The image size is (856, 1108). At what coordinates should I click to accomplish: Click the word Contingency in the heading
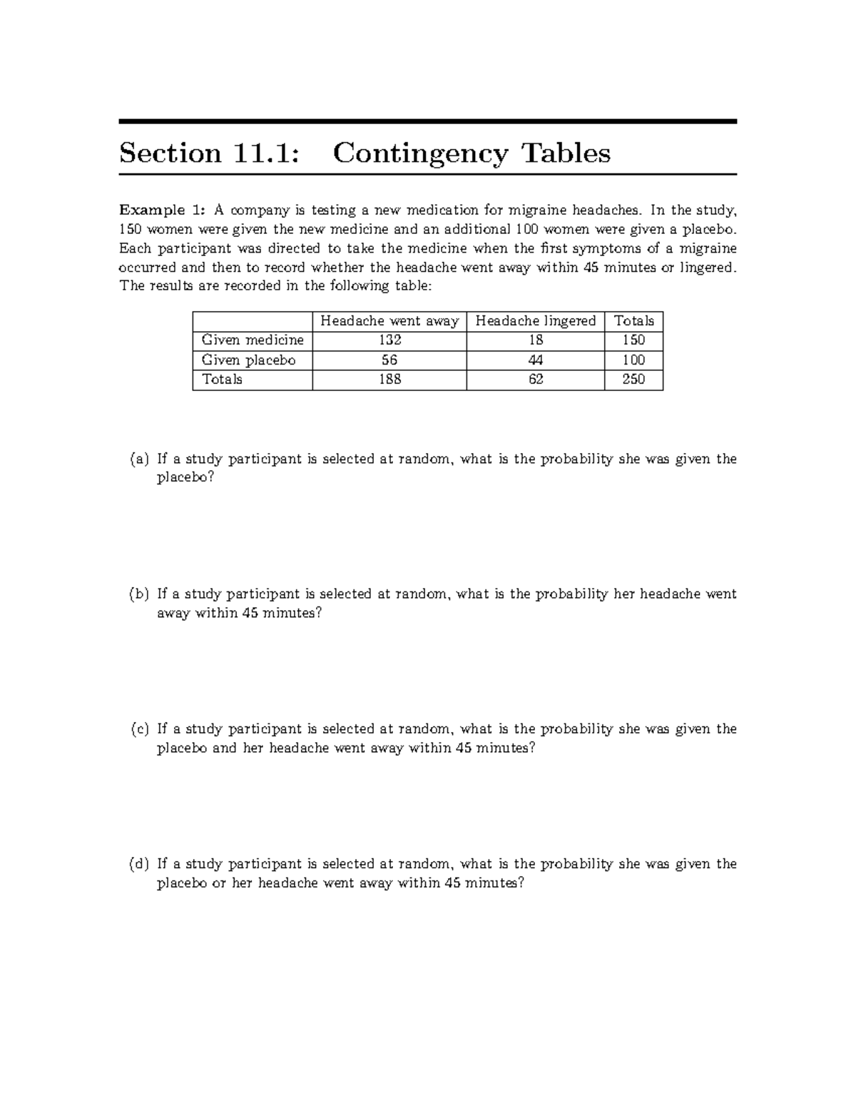[x=420, y=154]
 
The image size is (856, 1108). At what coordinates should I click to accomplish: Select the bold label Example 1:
[x=163, y=210]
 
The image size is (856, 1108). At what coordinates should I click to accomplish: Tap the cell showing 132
[x=389, y=340]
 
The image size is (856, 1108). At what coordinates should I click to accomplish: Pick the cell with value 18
[x=536, y=340]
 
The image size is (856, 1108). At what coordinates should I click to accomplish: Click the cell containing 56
[x=389, y=360]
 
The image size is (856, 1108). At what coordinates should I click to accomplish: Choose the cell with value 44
[x=536, y=360]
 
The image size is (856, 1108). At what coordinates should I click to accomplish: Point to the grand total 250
[x=633, y=380]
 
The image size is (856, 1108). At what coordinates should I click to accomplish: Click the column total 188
[x=389, y=380]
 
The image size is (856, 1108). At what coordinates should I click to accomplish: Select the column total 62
[x=536, y=380]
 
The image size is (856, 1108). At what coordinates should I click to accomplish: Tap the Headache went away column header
[x=389, y=321]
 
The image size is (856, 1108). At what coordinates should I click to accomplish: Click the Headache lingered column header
[x=536, y=321]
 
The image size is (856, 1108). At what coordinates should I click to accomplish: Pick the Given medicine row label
[x=253, y=340]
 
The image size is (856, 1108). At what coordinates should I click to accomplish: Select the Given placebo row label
[x=248, y=360]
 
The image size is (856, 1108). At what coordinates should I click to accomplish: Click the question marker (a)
[x=139, y=459]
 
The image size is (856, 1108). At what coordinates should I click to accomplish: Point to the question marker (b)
[x=139, y=594]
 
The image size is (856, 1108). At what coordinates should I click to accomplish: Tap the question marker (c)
[x=139, y=729]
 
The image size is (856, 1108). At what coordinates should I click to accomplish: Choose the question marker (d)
[x=139, y=864]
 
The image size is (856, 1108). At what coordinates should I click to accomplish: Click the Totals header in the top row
[x=633, y=321]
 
